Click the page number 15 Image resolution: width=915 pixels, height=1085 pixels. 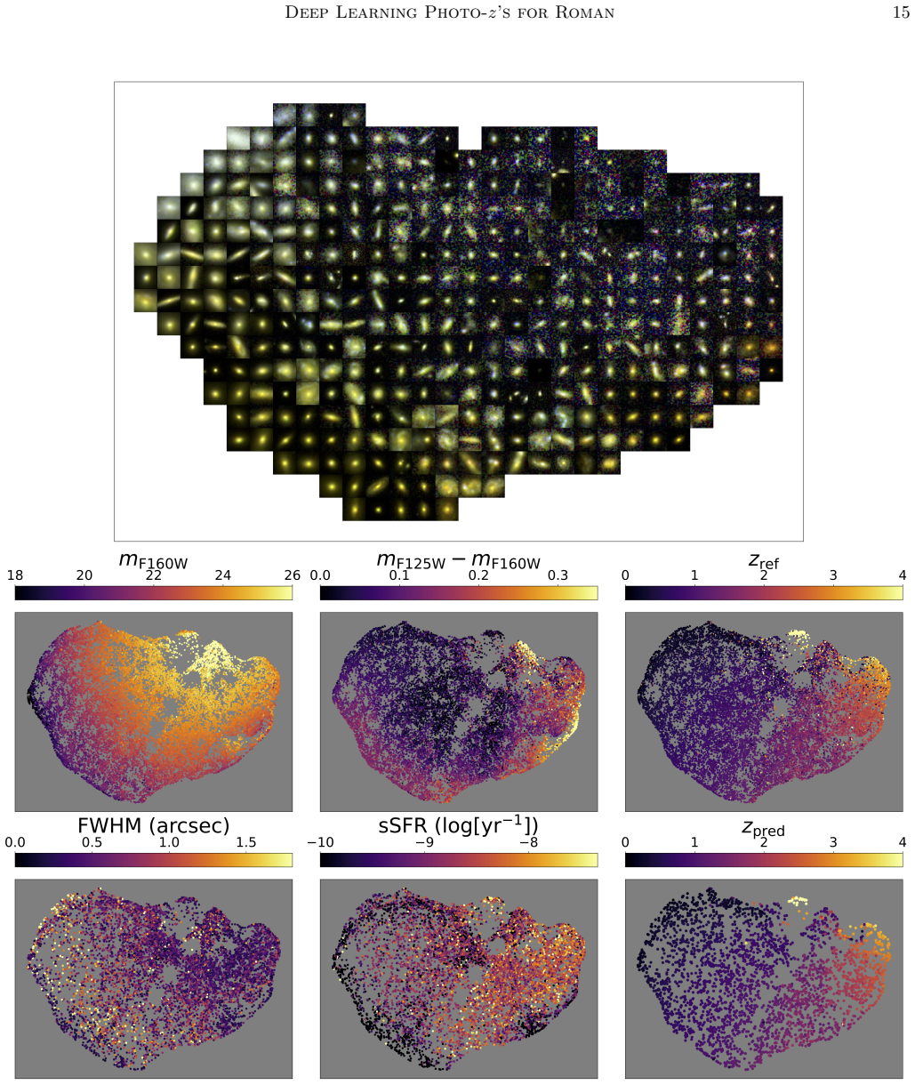901,12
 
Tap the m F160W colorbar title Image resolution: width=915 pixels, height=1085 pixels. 153,560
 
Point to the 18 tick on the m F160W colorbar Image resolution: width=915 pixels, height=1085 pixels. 15,575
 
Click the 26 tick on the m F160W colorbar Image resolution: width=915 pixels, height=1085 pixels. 293,575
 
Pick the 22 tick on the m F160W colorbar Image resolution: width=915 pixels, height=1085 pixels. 153,575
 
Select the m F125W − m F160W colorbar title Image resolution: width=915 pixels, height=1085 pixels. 458,560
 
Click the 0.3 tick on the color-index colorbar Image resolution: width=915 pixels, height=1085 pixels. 558,575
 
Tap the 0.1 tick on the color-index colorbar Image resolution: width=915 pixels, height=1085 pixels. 399,575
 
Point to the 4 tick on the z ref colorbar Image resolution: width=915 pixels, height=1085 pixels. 903,575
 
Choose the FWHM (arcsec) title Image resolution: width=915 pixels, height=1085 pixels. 153,825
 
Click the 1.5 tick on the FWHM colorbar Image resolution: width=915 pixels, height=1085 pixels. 246,842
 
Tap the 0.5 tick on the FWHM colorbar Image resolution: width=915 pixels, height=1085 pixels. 92,842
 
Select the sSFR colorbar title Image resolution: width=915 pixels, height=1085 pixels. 458,825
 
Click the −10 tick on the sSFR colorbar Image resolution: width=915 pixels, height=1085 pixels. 321,842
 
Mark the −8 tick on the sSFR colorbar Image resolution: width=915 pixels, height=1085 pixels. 529,842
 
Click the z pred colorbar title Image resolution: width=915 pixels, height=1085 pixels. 763,829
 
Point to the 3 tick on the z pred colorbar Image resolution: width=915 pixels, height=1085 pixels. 833,842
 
